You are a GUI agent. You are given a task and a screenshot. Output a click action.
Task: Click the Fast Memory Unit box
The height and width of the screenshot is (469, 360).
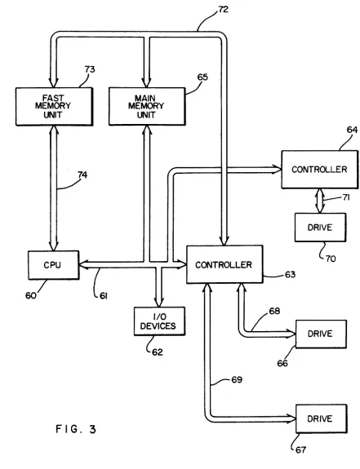tap(54, 107)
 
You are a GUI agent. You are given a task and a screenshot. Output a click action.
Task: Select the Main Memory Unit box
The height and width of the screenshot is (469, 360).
tap(147, 107)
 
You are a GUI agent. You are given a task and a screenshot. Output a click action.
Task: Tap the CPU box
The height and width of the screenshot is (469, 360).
tap(54, 265)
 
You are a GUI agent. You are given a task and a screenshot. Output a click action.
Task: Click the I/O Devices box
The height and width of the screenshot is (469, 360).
tap(159, 321)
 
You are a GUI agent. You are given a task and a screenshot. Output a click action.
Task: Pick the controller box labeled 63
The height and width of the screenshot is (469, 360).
tap(224, 264)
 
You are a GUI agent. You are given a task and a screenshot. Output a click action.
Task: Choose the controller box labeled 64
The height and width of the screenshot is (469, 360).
tap(320, 170)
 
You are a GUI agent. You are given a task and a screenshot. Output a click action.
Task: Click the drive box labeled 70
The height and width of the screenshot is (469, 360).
tap(320, 228)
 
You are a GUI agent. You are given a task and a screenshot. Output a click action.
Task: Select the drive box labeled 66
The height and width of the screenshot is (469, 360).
tap(321, 334)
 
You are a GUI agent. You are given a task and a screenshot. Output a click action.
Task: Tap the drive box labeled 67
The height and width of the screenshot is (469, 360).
tap(322, 418)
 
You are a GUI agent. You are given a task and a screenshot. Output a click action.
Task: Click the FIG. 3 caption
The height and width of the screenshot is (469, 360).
tap(76, 429)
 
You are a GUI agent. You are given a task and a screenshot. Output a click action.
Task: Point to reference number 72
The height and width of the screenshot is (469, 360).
tap(223, 9)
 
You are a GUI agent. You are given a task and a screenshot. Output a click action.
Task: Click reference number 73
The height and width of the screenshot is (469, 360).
tap(90, 69)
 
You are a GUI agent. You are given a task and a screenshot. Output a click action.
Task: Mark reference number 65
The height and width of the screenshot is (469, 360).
tap(202, 77)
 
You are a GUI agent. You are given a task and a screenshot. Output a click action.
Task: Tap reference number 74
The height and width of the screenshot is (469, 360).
tap(82, 175)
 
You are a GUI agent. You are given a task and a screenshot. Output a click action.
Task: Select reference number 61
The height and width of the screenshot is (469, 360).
tap(104, 296)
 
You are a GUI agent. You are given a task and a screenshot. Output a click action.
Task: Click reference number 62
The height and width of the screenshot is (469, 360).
tap(158, 352)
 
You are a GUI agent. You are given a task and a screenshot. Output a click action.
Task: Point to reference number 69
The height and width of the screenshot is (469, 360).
tap(237, 379)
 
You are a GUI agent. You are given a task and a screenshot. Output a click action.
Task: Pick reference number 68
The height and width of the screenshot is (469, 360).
tap(274, 311)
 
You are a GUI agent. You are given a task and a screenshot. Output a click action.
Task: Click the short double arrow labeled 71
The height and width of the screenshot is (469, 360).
tap(320, 201)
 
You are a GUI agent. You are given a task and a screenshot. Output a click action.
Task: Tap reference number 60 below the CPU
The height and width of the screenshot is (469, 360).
tap(31, 295)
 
